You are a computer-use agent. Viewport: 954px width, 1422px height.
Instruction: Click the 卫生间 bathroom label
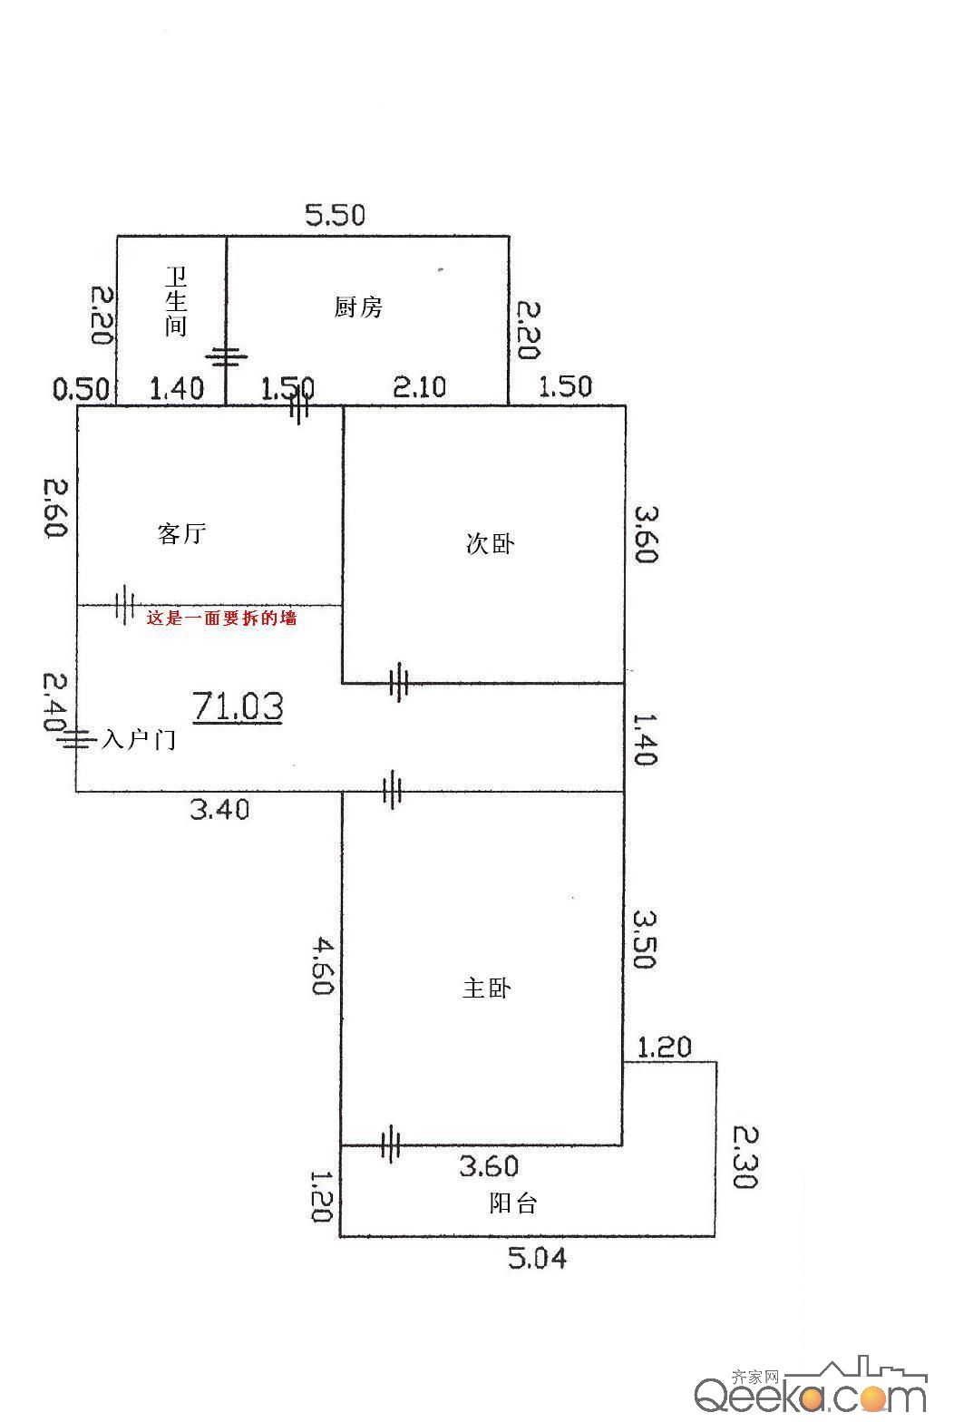click(x=176, y=301)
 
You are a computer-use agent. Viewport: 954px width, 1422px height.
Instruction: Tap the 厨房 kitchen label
click(x=358, y=307)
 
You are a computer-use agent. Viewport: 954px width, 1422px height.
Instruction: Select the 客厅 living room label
click(x=182, y=533)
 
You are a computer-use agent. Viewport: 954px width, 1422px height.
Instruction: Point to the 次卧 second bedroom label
click(x=490, y=543)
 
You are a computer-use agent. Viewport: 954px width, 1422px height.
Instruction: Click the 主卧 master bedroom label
click(x=487, y=989)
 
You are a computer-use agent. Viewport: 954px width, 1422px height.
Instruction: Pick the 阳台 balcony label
click(x=513, y=1203)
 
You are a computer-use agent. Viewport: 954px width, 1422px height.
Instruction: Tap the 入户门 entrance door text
click(x=139, y=740)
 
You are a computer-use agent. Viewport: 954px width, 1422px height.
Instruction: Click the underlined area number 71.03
click(x=238, y=706)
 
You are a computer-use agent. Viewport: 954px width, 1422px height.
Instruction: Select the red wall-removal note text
click(x=221, y=618)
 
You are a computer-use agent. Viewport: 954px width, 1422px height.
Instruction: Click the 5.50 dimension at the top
click(x=336, y=215)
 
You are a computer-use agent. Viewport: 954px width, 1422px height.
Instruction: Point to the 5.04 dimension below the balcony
click(x=537, y=1258)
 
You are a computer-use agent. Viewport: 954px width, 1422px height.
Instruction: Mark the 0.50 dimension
click(x=82, y=388)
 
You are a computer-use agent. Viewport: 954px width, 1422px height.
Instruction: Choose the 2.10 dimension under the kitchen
click(x=420, y=386)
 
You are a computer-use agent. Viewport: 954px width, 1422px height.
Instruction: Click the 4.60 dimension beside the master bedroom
click(x=323, y=966)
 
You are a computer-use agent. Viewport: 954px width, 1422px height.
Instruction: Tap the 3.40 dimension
click(x=219, y=809)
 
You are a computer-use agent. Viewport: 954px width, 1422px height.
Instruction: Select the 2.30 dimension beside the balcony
click(x=745, y=1156)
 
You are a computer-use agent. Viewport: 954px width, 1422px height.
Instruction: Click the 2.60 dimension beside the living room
click(x=54, y=508)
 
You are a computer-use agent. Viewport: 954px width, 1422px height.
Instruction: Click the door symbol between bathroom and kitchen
click(x=227, y=357)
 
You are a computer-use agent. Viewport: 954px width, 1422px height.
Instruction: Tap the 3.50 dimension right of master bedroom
click(x=644, y=940)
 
